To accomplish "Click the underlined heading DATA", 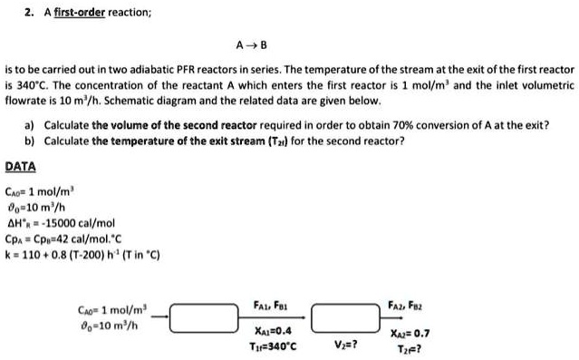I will (21, 167).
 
